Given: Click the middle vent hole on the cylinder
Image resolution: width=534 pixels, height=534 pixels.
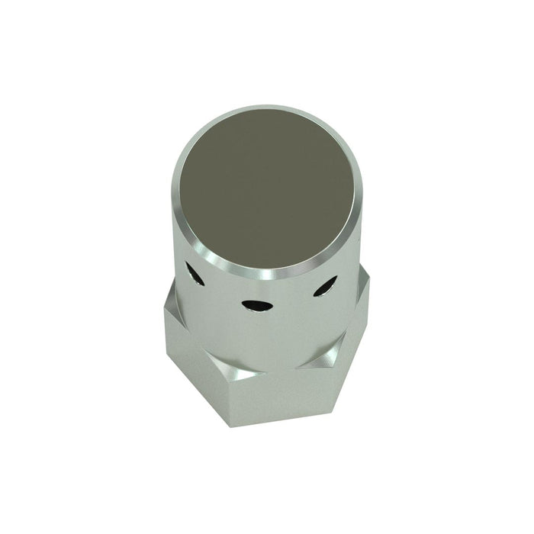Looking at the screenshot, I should tap(256, 305).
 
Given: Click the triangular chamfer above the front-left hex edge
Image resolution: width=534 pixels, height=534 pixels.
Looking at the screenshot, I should tap(232, 368).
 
